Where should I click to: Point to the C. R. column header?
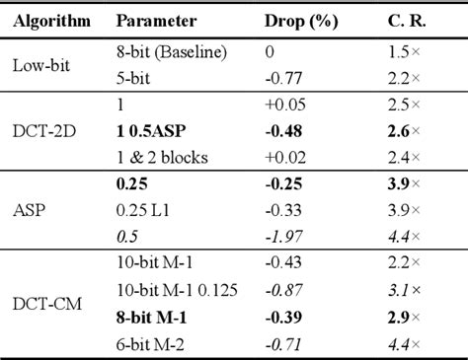tap(409, 21)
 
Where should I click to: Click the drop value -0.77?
tap(284, 76)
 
